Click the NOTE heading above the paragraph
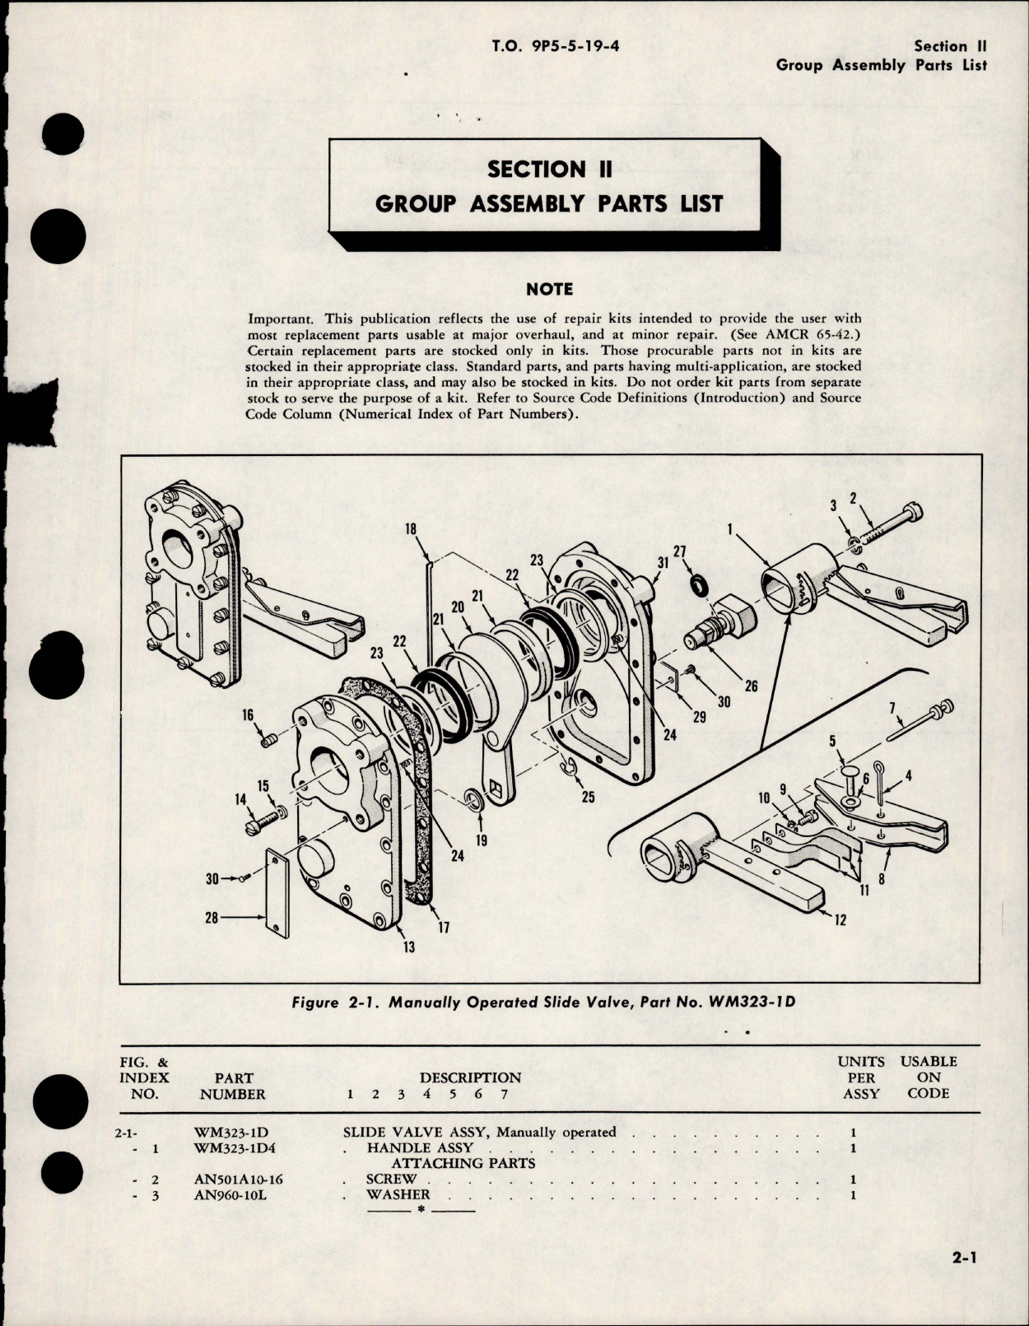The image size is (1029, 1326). click(550, 289)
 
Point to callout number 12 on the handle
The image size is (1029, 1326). click(840, 921)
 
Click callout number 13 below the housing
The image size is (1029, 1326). click(408, 947)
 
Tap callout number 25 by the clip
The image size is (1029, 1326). click(588, 797)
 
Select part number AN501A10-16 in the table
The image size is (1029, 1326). click(238, 1179)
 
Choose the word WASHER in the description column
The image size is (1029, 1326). click(398, 1195)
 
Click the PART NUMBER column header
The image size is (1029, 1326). click(233, 1086)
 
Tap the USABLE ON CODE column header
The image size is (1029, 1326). click(929, 1077)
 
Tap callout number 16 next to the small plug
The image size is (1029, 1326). click(247, 717)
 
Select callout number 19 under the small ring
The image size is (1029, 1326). click(482, 840)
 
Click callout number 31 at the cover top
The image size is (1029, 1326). click(663, 562)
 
